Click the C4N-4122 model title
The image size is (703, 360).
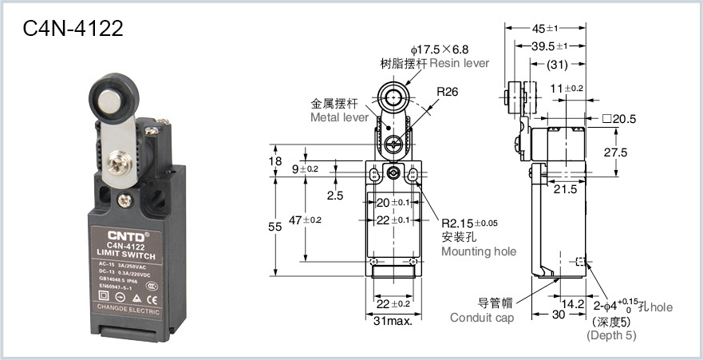click(73, 29)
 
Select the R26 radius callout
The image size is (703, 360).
click(447, 92)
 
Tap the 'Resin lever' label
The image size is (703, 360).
click(459, 63)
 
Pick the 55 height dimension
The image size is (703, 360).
click(274, 227)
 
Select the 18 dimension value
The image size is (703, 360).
click(276, 161)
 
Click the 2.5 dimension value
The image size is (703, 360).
click(335, 194)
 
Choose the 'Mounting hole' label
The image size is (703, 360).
click(478, 251)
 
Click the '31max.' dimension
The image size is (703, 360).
click(393, 321)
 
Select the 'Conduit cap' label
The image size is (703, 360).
click(482, 317)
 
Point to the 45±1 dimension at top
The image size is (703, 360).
click(550, 29)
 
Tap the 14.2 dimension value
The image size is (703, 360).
click(574, 303)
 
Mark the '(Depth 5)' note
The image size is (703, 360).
click(612, 335)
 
